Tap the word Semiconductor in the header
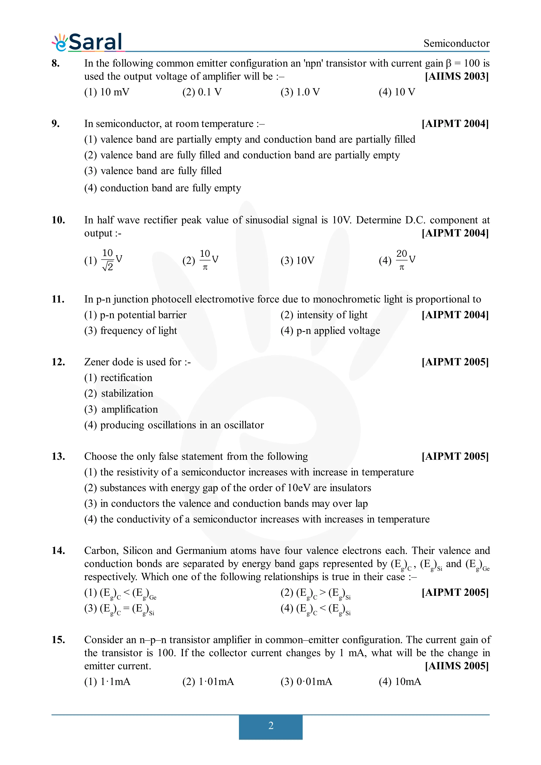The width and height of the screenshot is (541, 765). click(456, 43)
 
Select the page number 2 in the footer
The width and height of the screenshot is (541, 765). click(271, 726)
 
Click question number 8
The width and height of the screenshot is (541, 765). click(56, 63)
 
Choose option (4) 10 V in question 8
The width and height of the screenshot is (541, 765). click(397, 92)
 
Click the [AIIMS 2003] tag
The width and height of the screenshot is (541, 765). click(456, 76)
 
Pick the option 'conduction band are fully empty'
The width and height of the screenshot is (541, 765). click(162, 188)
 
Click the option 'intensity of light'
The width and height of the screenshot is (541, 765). click(324, 315)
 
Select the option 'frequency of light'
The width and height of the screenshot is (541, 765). click(131, 331)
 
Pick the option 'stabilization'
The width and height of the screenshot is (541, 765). click(119, 393)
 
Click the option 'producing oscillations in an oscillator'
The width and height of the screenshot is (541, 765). click(174, 425)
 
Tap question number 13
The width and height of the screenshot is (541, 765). click(58, 456)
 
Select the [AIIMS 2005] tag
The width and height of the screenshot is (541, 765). click(456, 666)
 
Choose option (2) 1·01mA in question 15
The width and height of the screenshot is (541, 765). click(208, 682)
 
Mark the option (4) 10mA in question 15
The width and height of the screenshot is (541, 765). click(400, 682)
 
